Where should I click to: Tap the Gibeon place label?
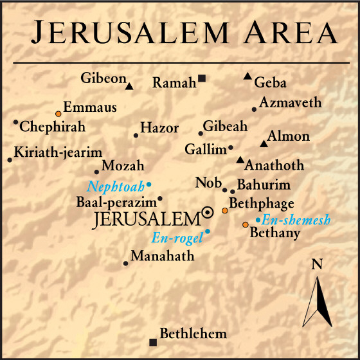tap(103, 78)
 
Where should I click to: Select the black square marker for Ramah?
tap(202, 78)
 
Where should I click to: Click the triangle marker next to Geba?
tap(248, 77)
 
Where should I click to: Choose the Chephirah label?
tap(53, 127)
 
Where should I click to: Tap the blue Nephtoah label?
tap(116, 188)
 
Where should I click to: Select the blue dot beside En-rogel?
tap(208, 231)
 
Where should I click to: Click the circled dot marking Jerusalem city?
tap(208, 212)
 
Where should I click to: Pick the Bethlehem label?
tap(193, 334)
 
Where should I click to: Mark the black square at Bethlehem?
tap(152, 341)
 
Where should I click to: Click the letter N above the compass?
tap(316, 264)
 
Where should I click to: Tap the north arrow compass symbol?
tap(317, 301)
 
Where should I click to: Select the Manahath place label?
tap(162, 256)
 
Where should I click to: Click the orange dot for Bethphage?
tap(224, 210)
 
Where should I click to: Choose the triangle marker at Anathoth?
tap(240, 160)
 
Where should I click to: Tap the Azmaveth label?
tap(290, 103)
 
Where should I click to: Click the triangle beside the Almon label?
tap(263, 143)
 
